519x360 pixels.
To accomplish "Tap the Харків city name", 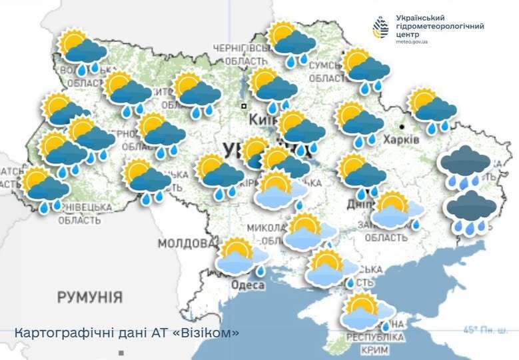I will tap(401, 140).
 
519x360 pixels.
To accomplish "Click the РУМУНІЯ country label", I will tap(89, 297).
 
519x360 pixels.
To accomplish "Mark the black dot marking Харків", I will tap(402, 125).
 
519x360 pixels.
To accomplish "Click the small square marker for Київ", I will tap(244, 106).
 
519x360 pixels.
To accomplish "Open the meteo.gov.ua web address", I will tap(412, 41).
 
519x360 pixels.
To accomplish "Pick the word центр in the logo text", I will tap(407, 33).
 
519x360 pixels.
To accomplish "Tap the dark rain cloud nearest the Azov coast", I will tap(470, 210).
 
